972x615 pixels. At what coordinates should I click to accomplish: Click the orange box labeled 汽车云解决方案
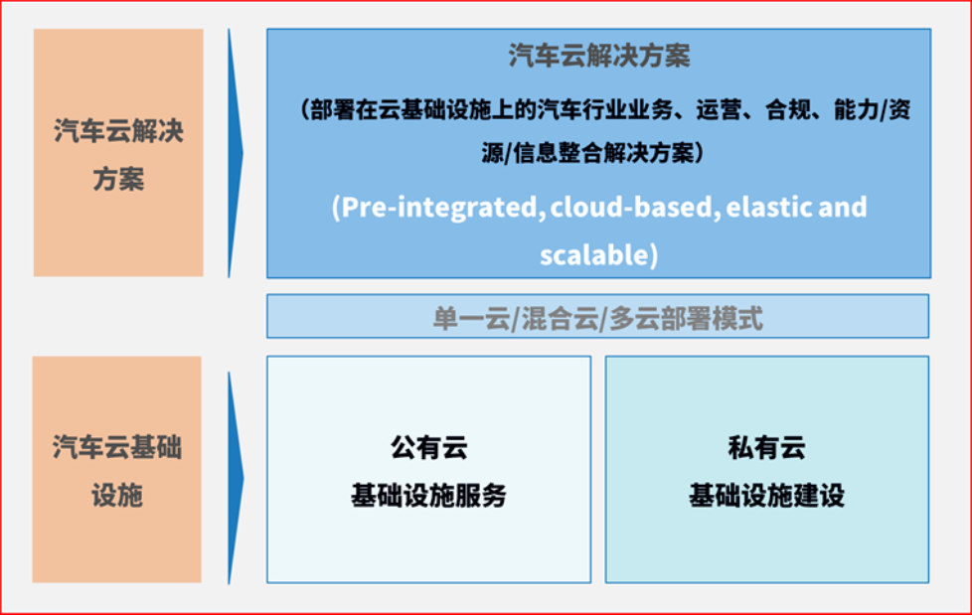(118, 153)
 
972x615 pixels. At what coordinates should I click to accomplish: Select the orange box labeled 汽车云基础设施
(117, 469)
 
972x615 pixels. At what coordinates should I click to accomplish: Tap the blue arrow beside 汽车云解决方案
(236, 153)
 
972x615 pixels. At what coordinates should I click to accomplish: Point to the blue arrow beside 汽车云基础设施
(236, 478)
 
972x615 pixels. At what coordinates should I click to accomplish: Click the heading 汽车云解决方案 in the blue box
(599, 56)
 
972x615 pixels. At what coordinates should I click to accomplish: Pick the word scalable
(594, 254)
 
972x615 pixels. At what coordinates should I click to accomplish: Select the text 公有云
(429, 448)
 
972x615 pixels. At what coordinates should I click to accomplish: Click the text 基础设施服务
(429, 496)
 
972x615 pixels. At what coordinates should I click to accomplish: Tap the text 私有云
(767, 448)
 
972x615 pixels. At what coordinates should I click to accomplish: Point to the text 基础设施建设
(767, 496)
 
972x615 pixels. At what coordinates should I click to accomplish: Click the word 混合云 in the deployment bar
(560, 319)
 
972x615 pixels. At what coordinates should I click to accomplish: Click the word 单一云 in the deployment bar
(471, 319)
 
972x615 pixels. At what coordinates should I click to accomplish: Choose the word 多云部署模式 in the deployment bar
(686, 319)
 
